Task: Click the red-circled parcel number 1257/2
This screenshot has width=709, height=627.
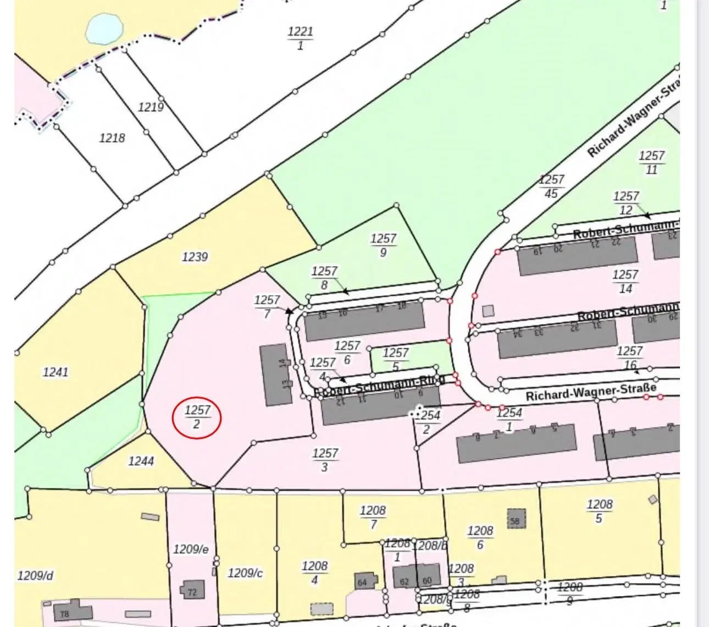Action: pyautogui.click(x=197, y=417)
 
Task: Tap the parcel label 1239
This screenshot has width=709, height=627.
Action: pyautogui.click(x=195, y=257)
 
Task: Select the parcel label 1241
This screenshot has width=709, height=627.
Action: pyautogui.click(x=56, y=372)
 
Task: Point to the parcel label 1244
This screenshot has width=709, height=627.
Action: pyautogui.click(x=141, y=461)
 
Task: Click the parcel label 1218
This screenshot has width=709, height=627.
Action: pyautogui.click(x=112, y=137)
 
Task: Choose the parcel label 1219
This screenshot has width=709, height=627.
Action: pyautogui.click(x=150, y=107)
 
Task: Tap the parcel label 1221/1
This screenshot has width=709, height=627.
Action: pyautogui.click(x=300, y=38)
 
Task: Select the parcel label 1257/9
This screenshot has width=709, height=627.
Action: pyautogui.click(x=383, y=245)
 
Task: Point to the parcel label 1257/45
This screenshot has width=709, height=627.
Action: pyautogui.click(x=551, y=186)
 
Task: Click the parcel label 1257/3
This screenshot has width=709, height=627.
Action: pyautogui.click(x=325, y=460)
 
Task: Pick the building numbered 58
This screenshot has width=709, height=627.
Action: pyautogui.click(x=515, y=519)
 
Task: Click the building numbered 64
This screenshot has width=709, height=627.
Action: pyautogui.click(x=364, y=581)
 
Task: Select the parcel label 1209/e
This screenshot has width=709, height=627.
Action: pyautogui.click(x=191, y=549)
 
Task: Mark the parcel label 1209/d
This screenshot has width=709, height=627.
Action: pyautogui.click(x=36, y=575)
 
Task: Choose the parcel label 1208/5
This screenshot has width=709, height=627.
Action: pyautogui.click(x=599, y=511)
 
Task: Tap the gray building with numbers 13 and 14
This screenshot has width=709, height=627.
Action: pyautogui.click(x=277, y=375)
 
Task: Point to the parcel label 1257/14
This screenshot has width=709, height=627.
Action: pyautogui.click(x=625, y=281)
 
